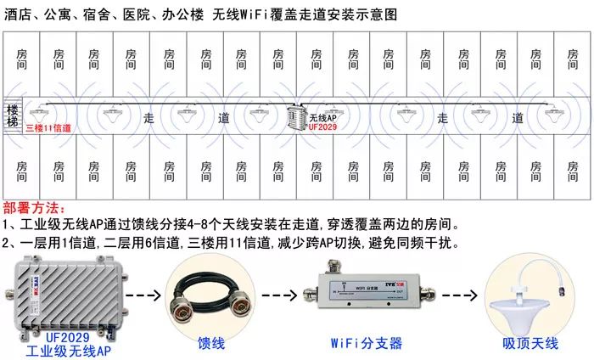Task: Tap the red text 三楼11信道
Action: pos(48,128)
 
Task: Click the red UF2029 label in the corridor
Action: pos(322,127)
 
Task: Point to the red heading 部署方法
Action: pos(34,209)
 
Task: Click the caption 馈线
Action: pos(210,343)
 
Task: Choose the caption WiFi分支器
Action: pos(367,343)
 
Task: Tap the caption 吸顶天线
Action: pos(530,343)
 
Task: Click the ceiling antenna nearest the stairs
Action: pos(38,110)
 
